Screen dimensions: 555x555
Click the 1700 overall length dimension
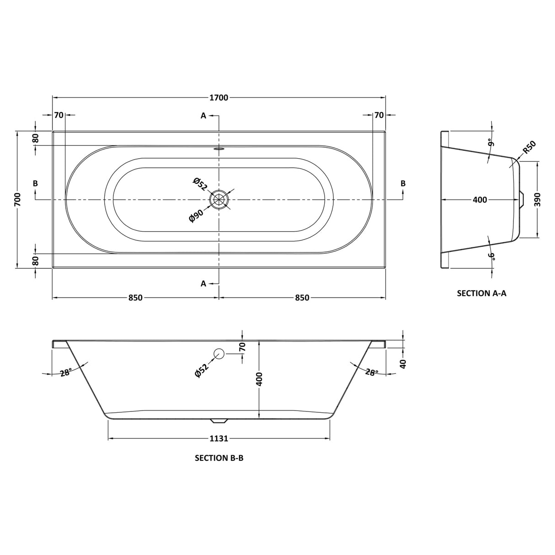219,98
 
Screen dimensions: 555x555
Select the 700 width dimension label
18,199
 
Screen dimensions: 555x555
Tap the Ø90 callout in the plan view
197,216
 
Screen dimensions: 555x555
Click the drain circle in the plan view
219,199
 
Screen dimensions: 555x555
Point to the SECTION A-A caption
481,293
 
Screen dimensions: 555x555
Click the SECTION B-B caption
219,458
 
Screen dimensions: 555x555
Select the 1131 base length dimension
219,438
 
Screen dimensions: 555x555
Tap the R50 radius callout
529,147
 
